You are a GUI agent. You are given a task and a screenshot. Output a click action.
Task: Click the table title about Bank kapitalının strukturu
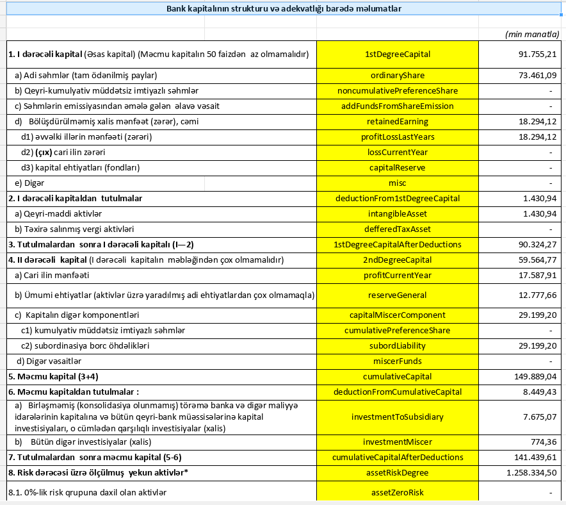tap(284, 9)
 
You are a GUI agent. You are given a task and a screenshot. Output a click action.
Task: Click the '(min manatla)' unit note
tap(531, 34)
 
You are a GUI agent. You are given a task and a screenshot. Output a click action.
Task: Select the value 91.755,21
tap(537, 54)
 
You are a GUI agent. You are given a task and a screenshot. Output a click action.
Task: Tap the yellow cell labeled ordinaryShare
tap(397, 76)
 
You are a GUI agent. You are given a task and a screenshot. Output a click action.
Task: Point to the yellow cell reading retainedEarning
tap(397, 122)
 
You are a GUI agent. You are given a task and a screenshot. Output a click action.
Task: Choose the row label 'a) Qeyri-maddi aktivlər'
tap(58, 214)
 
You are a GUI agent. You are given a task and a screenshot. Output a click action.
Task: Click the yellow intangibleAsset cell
tap(397, 214)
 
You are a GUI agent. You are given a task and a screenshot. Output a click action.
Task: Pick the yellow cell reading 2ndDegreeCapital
tap(397, 260)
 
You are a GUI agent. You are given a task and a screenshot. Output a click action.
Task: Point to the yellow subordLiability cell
tap(397, 346)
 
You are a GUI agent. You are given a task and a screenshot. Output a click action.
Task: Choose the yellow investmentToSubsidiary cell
tap(397, 417)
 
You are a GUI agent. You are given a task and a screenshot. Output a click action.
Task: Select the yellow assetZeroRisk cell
tap(397, 493)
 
